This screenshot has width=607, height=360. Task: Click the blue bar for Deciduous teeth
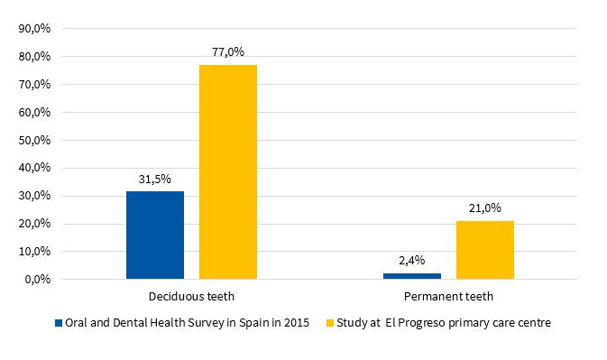point(154,235)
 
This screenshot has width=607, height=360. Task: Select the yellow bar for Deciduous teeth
point(227,171)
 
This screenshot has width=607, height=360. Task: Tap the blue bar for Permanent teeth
point(411,275)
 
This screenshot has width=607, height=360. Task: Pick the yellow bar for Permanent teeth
point(484,250)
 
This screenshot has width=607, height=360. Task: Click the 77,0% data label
point(227,52)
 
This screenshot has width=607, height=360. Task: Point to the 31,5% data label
point(154,179)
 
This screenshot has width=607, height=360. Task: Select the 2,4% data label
point(411,261)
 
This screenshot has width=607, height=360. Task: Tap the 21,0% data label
point(484,208)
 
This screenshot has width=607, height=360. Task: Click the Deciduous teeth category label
point(191,296)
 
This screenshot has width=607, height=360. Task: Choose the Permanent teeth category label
point(448,296)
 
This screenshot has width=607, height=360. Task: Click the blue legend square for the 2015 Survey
point(59,323)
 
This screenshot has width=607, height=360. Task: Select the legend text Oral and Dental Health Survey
point(187,323)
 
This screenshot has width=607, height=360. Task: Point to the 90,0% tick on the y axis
point(35,29)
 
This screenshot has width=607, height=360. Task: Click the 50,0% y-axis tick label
point(35,140)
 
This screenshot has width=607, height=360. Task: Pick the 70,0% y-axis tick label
point(35,85)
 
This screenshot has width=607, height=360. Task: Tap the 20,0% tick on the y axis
point(35,224)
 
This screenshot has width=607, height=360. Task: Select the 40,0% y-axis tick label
point(35,168)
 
